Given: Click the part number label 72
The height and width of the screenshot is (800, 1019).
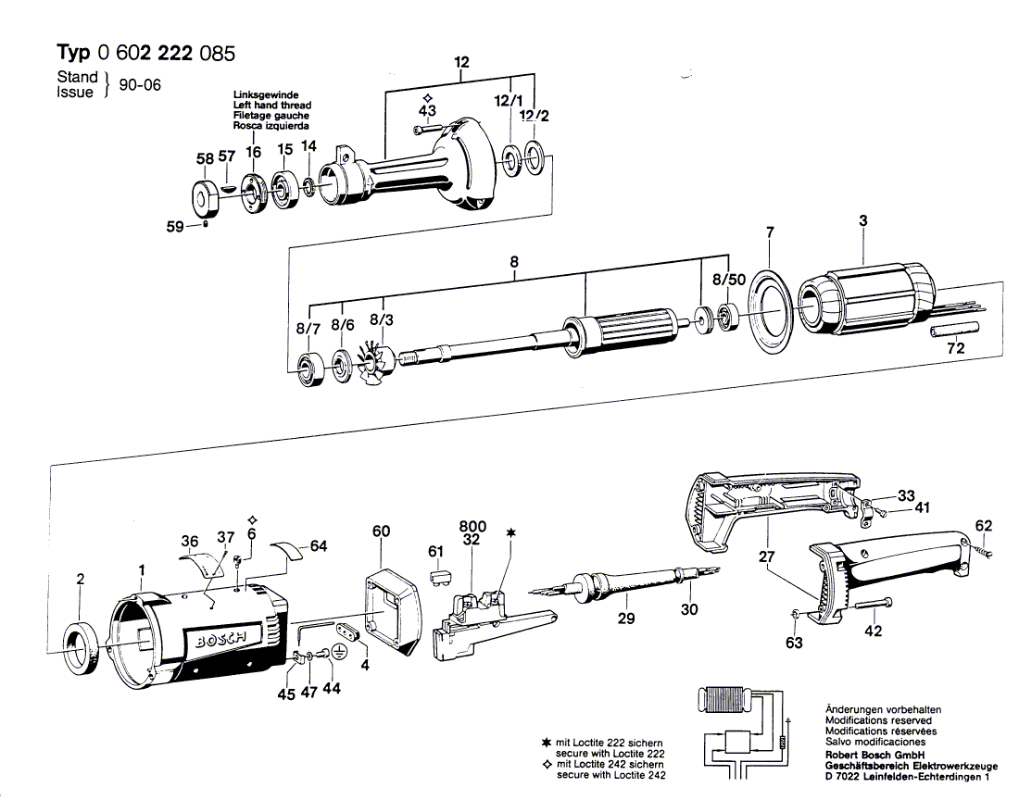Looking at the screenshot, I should tap(955, 348).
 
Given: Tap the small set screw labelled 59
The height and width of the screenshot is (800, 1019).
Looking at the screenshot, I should tap(206, 224).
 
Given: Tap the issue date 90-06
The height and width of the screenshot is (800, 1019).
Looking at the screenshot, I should tap(139, 84).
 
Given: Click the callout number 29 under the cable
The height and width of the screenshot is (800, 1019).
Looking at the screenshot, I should tap(626, 618).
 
